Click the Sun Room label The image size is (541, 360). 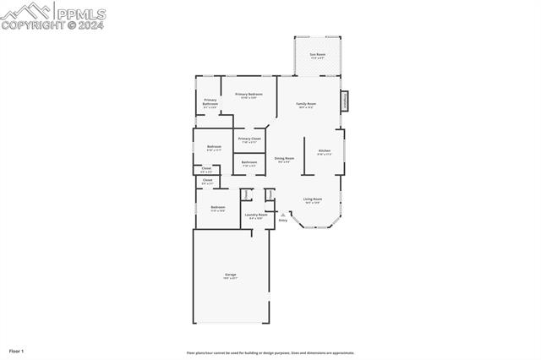pos(317,54)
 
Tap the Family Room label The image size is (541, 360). pos(305,104)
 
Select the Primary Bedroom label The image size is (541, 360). pos(249,94)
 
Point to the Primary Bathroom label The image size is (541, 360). pos(210,101)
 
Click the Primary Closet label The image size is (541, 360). pos(249,139)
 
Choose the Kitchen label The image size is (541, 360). pos(325,152)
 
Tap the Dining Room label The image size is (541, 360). pos(285,159)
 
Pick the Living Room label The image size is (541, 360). pos(313,199)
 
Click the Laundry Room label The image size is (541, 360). pos(256,215)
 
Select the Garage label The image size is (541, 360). pos(230,275)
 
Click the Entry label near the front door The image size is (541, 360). pos(283,220)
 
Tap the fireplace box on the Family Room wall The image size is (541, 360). pos(344,101)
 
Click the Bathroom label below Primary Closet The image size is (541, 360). pos(249,162)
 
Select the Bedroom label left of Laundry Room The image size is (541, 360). pos(217,207)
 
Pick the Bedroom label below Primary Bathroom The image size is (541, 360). pos(214,147)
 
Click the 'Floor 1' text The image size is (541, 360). pos(17,350)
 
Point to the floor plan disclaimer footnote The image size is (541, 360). pos(270,353)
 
